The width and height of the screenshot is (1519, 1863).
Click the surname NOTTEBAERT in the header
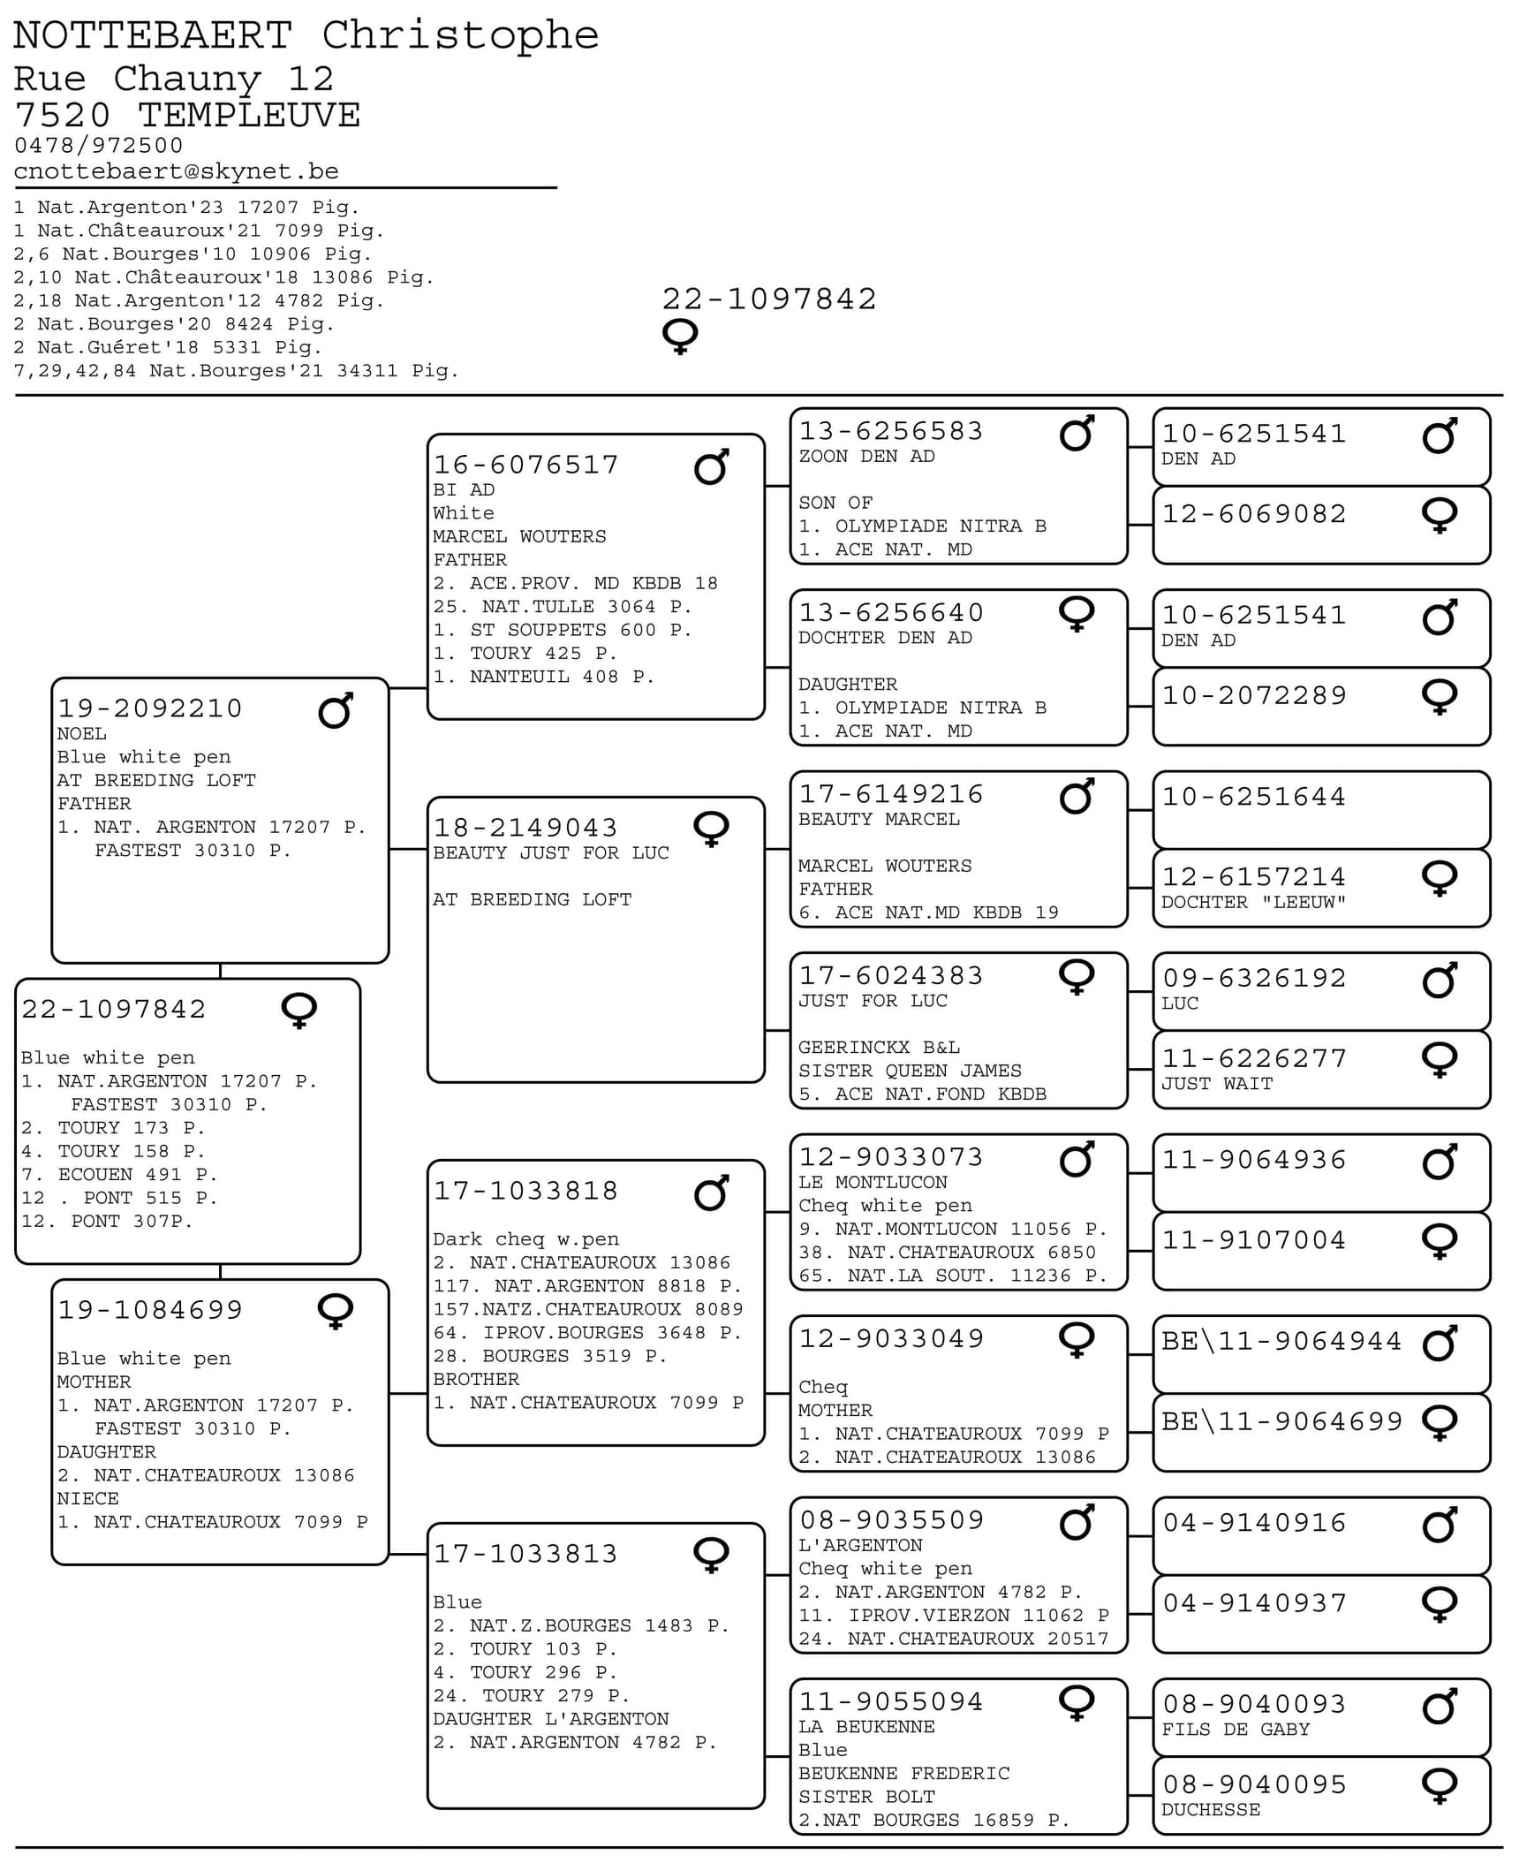click(x=152, y=36)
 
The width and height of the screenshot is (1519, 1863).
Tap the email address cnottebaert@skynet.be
click(x=176, y=171)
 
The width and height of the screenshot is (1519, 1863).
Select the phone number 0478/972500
click(x=98, y=146)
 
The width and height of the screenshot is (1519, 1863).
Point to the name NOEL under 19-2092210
click(x=81, y=734)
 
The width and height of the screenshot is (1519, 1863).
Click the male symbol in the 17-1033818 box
click(x=711, y=1193)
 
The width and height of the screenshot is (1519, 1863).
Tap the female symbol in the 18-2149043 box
click(x=711, y=829)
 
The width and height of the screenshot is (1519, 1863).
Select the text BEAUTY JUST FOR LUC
click(x=550, y=853)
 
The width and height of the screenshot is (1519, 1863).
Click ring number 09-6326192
click(x=1253, y=978)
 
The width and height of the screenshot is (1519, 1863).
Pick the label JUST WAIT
click(x=1216, y=1084)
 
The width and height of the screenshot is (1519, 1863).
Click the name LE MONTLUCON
click(x=873, y=1183)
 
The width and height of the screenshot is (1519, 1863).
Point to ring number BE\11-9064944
click(x=1281, y=1341)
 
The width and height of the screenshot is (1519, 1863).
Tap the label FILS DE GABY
click(x=1235, y=1730)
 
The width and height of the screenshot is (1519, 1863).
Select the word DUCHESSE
click(x=1210, y=1810)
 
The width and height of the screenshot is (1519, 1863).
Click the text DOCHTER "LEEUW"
click(x=1252, y=903)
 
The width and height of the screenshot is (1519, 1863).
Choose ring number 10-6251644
click(x=1253, y=797)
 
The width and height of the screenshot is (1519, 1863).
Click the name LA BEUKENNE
click(x=865, y=1727)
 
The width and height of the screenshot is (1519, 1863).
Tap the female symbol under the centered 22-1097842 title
click(x=679, y=337)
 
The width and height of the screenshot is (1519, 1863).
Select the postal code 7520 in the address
click(x=63, y=116)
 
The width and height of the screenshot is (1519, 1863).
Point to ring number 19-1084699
click(x=150, y=1310)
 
